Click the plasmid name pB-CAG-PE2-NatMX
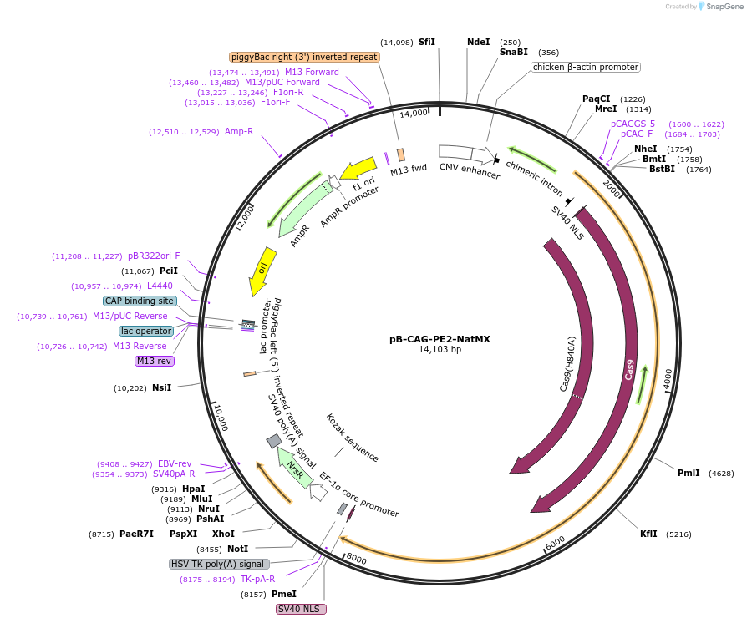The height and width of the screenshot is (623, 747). [x=439, y=339]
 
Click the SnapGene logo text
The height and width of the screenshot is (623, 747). [x=724, y=7]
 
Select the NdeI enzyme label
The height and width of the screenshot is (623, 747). [x=478, y=42]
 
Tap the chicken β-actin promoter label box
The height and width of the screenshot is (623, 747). [x=585, y=67]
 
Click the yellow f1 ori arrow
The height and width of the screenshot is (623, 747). [x=358, y=169]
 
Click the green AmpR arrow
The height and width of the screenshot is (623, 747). [x=299, y=209]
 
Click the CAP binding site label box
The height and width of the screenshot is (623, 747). [x=140, y=301]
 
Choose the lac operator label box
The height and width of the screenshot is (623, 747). [x=146, y=331]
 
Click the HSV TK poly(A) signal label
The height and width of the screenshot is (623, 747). [x=219, y=564]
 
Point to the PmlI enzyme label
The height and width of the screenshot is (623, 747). [x=689, y=473]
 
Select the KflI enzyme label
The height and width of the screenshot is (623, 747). [x=648, y=533]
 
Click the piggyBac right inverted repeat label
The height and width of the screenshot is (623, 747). [x=304, y=57]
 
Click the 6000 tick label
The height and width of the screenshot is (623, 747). [x=555, y=543]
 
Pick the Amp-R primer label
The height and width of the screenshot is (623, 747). [x=238, y=131]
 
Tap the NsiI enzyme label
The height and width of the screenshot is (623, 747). [x=161, y=387]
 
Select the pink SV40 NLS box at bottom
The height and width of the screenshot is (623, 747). [x=301, y=609]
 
